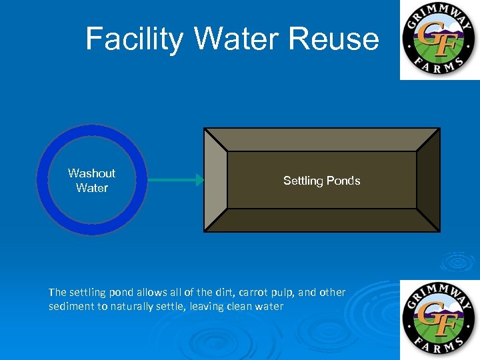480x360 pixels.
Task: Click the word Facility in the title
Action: (133, 39)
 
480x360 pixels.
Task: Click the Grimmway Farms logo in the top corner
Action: (439, 39)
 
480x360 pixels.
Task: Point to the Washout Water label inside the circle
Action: (91, 181)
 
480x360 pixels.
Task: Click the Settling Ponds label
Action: (321, 181)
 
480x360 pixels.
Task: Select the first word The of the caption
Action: (57, 292)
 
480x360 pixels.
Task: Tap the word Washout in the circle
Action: (91, 173)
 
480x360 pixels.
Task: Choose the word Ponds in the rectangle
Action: (345, 181)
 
